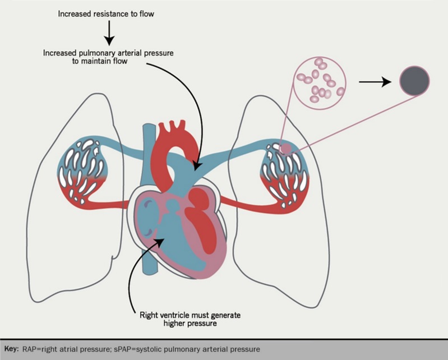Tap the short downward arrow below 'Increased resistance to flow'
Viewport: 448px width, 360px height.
click(109, 36)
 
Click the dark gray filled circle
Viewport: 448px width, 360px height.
click(414, 81)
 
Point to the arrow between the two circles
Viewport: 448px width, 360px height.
click(375, 82)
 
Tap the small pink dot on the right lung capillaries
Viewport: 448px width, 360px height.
click(286, 149)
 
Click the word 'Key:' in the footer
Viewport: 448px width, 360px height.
click(11, 349)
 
